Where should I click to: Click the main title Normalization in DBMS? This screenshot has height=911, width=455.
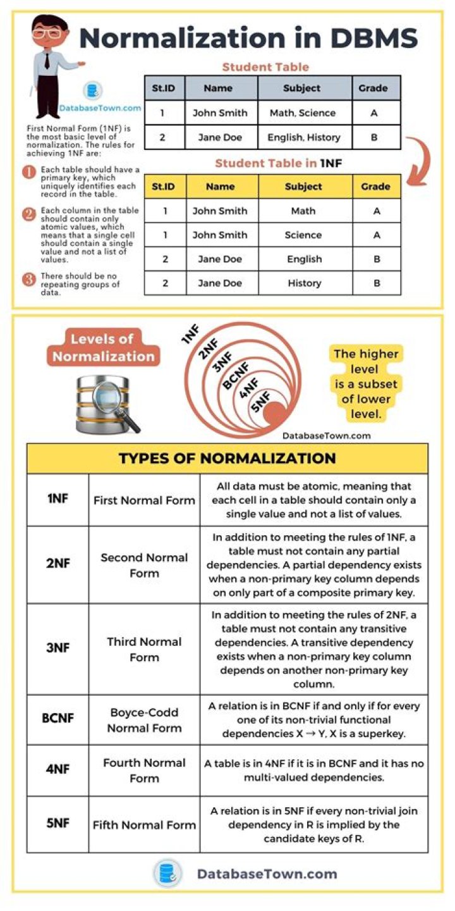pyautogui.click(x=248, y=39)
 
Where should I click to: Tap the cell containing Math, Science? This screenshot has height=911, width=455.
pyautogui.click(x=303, y=113)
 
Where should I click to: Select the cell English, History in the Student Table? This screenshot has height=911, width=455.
pyautogui.click(x=304, y=137)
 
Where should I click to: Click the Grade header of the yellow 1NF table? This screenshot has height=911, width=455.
pyautogui.click(x=376, y=187)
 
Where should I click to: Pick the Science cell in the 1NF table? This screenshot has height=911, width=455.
pyautogui.click(x=303, y=235)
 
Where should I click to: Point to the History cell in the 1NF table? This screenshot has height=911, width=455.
pyautogui.click(x=304, y=283)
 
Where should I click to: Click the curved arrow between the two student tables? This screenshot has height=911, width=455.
pyautogui.click(x=420, y=161)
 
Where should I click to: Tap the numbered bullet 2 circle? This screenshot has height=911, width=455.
pyautogui.click(x=28, y=214)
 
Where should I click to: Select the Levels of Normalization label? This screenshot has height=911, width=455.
pyautogui.click(x=103, y=348)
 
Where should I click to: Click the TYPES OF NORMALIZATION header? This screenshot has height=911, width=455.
pyautogui.click(x=227, y=459)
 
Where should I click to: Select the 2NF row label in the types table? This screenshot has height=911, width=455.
pyautogui.click(x=58, y=563)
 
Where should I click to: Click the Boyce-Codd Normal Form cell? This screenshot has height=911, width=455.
pyautogui.click(x=144, y=720)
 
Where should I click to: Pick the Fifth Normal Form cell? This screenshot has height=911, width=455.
pyautogui.click(x=144, y=824)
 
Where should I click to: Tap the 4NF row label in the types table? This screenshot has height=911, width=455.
pyautogui.click(x=58, y=770)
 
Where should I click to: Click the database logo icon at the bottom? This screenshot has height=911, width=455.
pyautogui.click(x=167, y=874)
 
